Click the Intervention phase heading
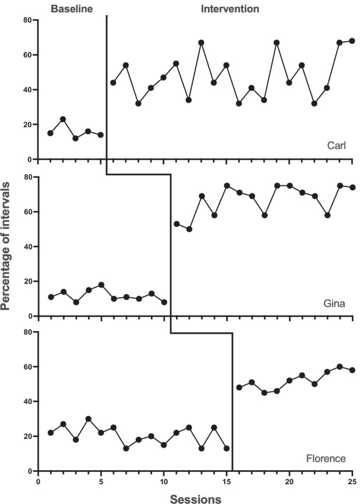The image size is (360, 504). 230,9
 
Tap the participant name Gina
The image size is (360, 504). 334,303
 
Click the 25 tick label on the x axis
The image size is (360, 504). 352,482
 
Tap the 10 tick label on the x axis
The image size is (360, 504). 164,482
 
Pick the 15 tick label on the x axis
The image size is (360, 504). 227,482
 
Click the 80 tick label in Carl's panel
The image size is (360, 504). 27,20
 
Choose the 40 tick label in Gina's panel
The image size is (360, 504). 27,247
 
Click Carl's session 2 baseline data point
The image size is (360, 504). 63,119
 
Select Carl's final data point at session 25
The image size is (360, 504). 352,41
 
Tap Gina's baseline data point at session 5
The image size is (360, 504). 101,285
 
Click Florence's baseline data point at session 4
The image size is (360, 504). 88,418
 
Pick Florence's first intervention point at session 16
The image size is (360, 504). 239,387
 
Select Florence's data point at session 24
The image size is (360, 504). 340,367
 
